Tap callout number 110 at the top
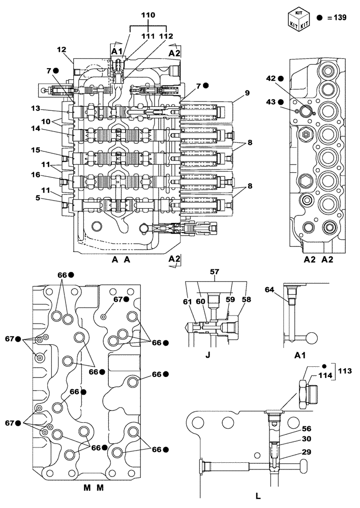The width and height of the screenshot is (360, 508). tap(148, 16)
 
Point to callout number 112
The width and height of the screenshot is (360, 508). tap(166, 36)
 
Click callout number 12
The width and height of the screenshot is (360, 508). tap(62, 49)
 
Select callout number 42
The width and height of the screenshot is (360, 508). tap(271, 79)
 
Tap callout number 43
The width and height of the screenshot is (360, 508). tap(271, 102)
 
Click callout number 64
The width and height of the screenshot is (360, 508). tap(269, 289)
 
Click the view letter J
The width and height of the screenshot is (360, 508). tap(207, 355)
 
